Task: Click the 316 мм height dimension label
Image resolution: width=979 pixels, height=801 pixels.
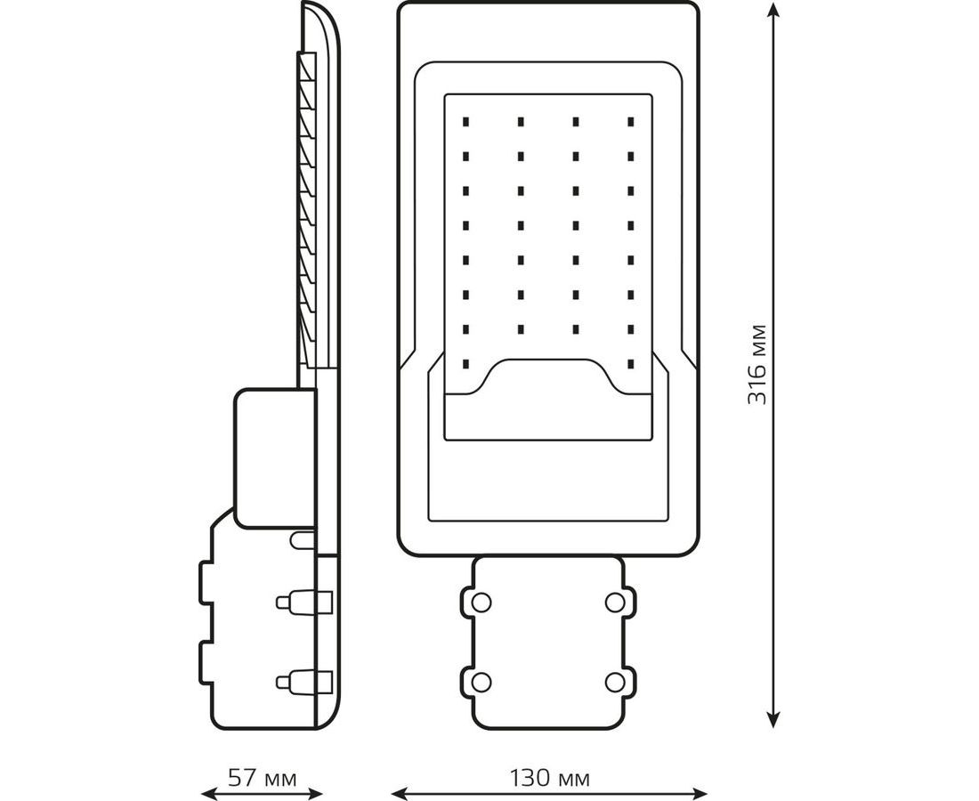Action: [x=757, y=364]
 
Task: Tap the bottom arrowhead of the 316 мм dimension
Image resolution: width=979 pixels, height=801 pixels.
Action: [x=773, y=719]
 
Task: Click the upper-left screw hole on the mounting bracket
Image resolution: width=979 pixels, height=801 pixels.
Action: [x=481, y=603]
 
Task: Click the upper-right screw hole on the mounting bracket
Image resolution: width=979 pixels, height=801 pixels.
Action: [x=614, y=603]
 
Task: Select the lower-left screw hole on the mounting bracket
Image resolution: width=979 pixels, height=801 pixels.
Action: [x=481, y=683]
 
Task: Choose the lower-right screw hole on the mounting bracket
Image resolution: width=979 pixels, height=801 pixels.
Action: [x=614, y=683]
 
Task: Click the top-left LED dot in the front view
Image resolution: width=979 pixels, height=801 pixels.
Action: [x=465, y=120]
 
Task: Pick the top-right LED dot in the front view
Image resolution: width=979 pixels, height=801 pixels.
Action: [x=631, y=120]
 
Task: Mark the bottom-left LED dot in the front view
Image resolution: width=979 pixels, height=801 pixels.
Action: [x=465, y=364]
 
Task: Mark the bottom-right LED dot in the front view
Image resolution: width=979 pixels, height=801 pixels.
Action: [x=631, y=364]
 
